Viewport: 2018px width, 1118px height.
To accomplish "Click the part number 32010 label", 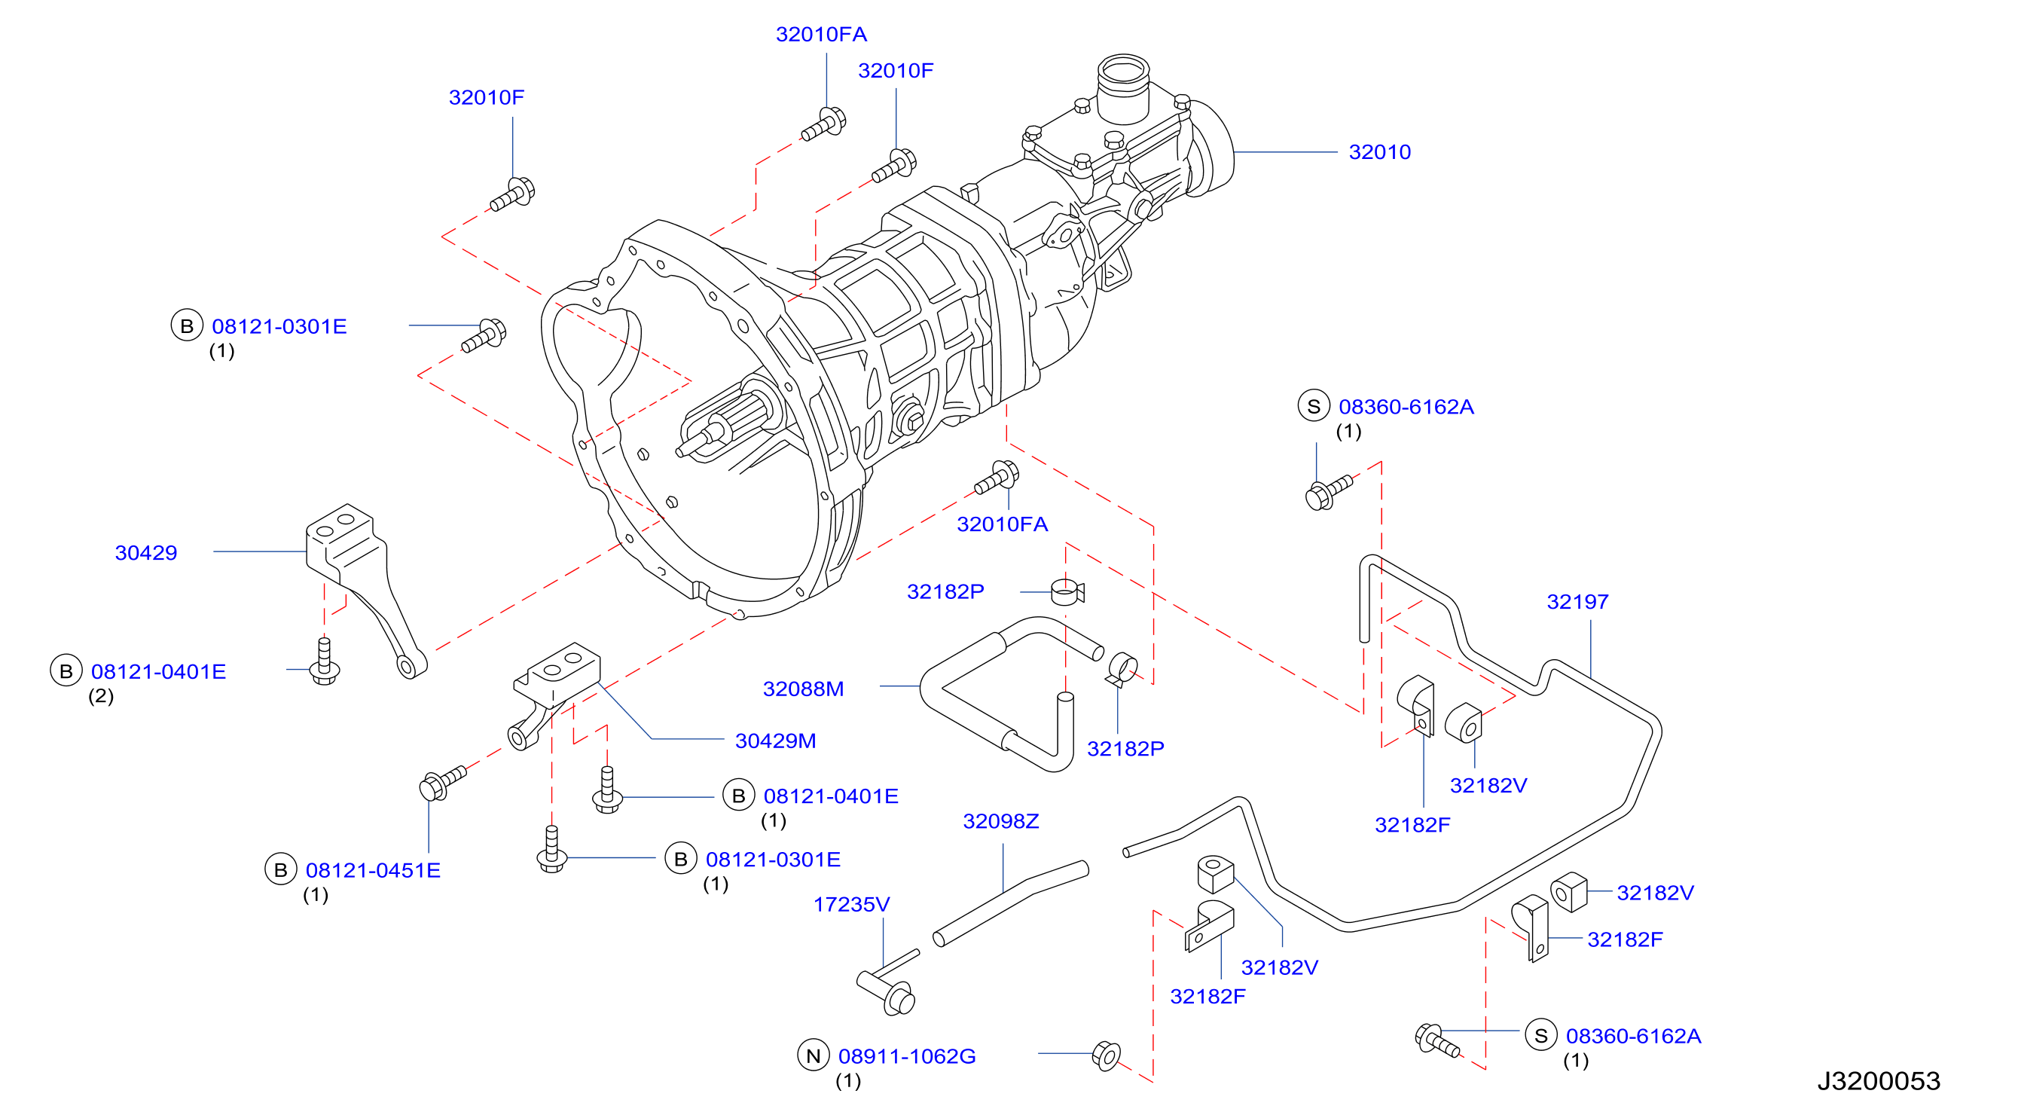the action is click(1378, 152).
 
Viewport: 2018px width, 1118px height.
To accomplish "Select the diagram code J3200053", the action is click(1878, 1080).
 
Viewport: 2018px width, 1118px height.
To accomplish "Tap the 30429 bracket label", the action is click(146, 552).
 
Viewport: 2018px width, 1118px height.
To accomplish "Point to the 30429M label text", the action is click(775, 741).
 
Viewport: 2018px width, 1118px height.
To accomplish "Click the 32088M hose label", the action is click(803, 689).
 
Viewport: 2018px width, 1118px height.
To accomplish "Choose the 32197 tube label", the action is click(1577, 602).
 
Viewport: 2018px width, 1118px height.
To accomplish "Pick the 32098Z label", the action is click(1000, 821).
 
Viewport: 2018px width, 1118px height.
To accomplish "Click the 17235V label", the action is click(851, 904).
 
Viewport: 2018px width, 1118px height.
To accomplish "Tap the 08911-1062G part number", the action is click(906, 1056).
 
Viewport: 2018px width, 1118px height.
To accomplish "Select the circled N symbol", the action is click(814, 1055).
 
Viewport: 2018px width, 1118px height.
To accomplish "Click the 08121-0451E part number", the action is click(373, 870).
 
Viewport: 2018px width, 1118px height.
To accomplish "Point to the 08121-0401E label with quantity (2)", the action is click(158, 671).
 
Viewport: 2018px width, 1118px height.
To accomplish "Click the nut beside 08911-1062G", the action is click(1106, 1055).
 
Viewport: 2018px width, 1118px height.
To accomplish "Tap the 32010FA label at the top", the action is click(821, 35).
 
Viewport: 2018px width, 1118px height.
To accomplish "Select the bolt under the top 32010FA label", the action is click(823, 124).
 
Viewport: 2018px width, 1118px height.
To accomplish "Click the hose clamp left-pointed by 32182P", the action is click(1067, 591).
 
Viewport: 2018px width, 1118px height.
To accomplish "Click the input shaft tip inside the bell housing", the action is click(680, 452).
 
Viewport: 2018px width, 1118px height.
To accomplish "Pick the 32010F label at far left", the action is click(487, 97).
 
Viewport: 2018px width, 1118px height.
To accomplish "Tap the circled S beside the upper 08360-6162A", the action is click(1314, 406).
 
